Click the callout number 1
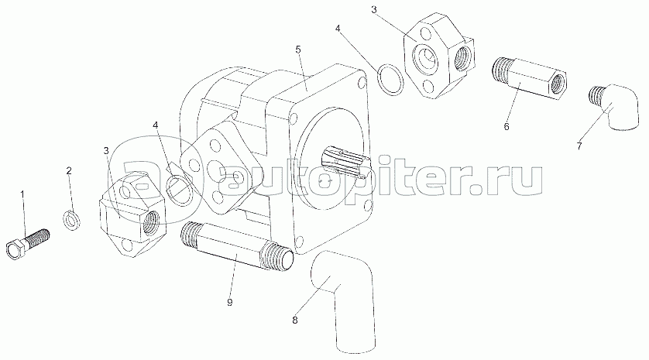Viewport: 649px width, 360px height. point(22,194)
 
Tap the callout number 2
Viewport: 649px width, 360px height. point(69,170)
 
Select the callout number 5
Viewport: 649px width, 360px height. point(298,50)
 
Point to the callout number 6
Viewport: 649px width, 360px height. point(506,127)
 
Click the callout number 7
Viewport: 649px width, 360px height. point(579,146)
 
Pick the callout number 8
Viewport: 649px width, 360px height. point(295,320)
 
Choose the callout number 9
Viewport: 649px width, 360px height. point(230,303)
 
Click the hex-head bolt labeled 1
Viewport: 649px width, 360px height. point(28,244)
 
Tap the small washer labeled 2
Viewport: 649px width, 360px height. point(71,219)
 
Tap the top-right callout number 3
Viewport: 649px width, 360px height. point(374,9)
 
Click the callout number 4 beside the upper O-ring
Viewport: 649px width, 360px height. point(338,29)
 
